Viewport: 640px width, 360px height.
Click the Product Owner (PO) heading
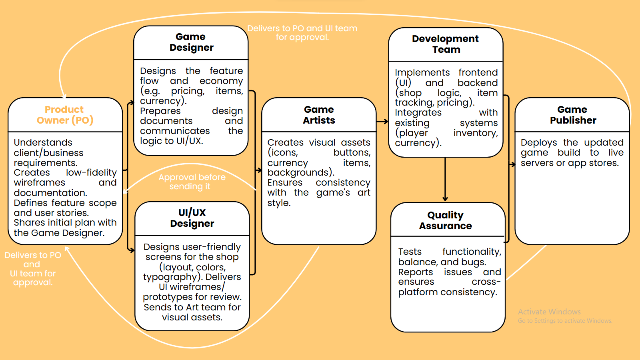pyautogui.click(x=65, y=115)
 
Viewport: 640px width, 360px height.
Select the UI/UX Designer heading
pyautogui.click(x=192, y=218)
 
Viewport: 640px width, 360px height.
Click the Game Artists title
pyautogui.click(x=319, y=115)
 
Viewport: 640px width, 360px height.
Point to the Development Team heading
pyautogui.click(x=446, y=44)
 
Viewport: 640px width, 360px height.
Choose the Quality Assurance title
pyautogui.click(x=446, y=220)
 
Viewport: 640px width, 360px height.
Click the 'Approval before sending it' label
pyautogui.click(x=192, y=182)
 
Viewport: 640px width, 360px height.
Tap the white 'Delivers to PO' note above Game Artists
pyautogui.click(x=302, y=32)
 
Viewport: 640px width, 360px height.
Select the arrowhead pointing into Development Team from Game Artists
pyautogui.click(x=386, y=122)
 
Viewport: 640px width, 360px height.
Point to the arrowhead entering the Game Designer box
pyautogui.click(x=132, y=103)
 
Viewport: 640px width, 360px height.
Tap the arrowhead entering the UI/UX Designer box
pyautogui.click(x=132, y=250)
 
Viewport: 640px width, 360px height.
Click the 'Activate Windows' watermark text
pyautogui.click(x=549, y=312)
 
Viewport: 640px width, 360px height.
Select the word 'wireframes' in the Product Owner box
pyautogui.click(x=40, y=182)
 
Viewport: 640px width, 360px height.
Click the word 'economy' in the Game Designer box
pyautogui.click(x=221, y=81)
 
